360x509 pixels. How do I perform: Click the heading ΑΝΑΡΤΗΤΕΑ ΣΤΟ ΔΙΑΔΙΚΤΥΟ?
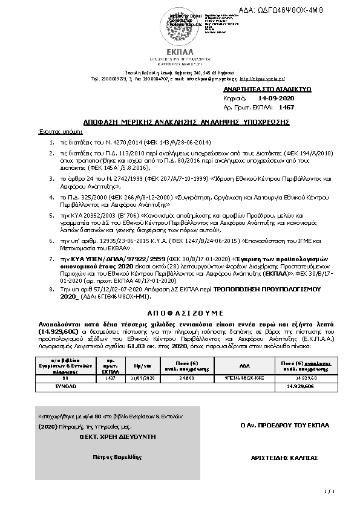[267, 89]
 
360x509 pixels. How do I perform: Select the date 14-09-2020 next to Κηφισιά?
[276, 98]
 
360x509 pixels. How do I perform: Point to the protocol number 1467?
[286, 107]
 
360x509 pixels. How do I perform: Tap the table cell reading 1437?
[111, 377]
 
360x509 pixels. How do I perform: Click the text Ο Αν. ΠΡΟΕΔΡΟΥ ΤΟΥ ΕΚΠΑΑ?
[284, 425]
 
